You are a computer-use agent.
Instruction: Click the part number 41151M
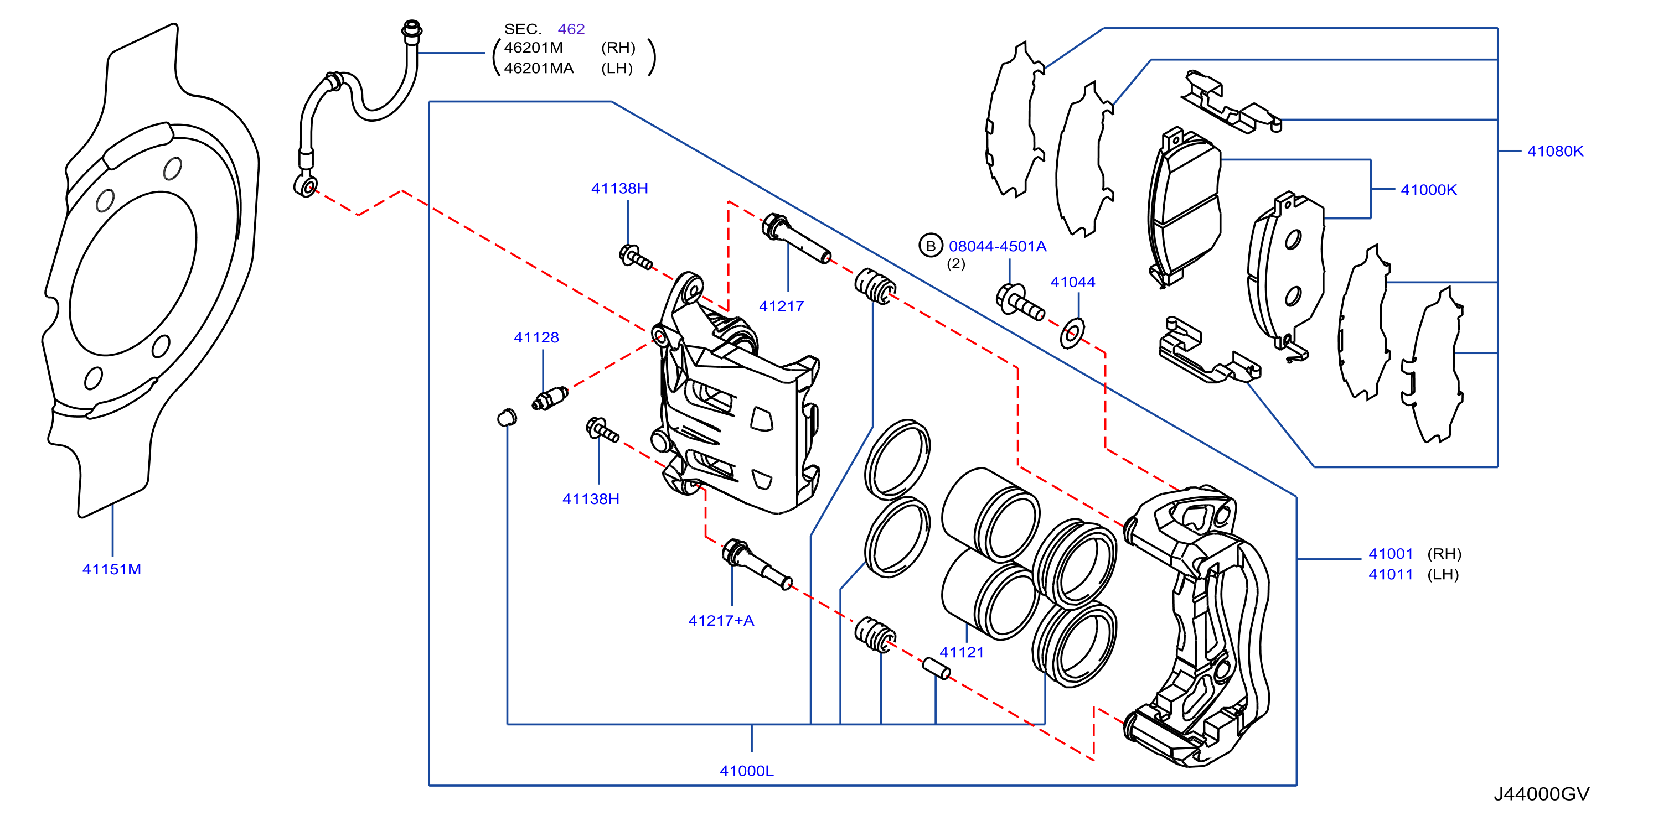tap(112, 569)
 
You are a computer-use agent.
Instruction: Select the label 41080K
tap(1555, 152)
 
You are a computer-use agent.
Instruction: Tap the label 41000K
tap(1428, 190)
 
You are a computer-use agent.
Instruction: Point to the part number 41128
tap(536, 337)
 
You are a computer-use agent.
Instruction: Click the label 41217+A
tap(721, 620)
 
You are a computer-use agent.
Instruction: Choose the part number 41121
tap(962, 652)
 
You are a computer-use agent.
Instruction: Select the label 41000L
tap(747, 771)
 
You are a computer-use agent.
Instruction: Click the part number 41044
tap(1073, 282)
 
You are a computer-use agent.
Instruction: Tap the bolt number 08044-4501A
tap(998, 246)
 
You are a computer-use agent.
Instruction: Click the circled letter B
tap(931, 246)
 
